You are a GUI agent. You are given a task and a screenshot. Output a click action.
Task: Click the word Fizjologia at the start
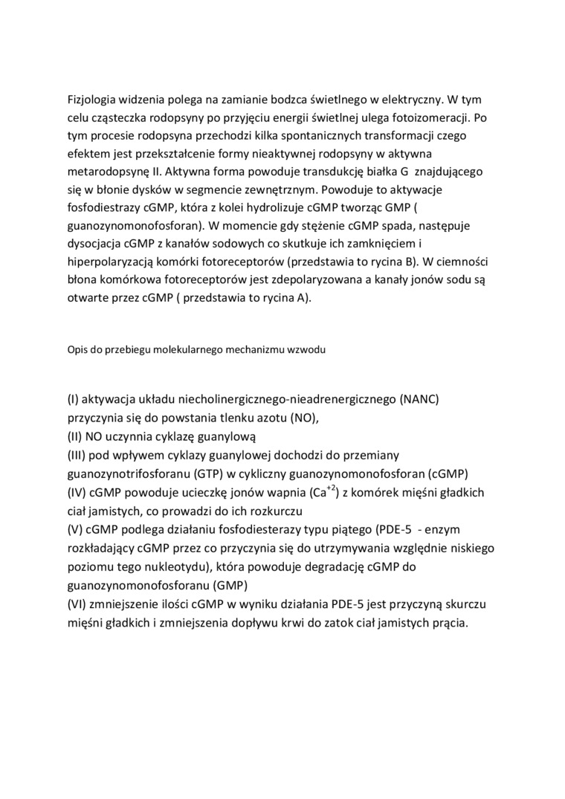click(x=94, y=99)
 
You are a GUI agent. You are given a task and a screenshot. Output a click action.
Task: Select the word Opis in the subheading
click(x=77, y=348)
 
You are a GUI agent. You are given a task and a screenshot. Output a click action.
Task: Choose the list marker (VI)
click(x=77, y=604)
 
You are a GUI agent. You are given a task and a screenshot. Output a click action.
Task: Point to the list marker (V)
click(x=74, y=529)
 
